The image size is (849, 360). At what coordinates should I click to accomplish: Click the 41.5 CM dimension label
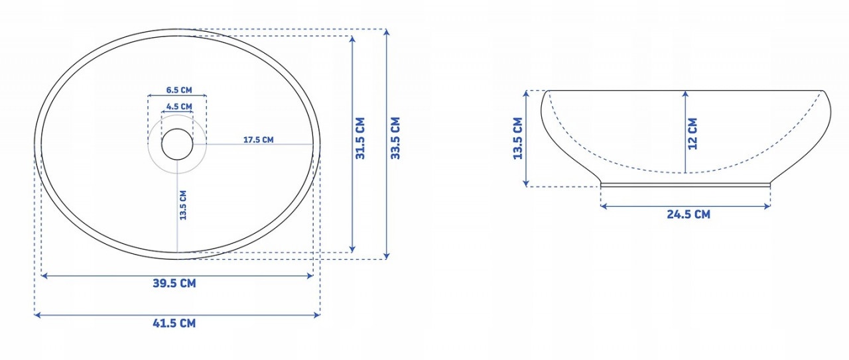[x=174, y=324]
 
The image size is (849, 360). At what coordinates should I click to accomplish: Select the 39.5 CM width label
[x=174, y=283]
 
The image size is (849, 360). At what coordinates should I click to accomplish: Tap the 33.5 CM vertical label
[x=395, y=138]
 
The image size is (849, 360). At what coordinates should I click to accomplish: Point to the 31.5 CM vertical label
[x=360, y=138]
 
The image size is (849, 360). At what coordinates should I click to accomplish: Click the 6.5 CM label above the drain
[x=179, y=90]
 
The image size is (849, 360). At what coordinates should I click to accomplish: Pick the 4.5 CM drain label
[x=179, y=107]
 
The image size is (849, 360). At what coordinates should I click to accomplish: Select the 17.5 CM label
[x=258, y=139]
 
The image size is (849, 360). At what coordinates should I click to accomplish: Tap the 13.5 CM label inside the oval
[x=183, y=205]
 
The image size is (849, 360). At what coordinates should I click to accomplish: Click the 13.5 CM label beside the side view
[x=518, y=139]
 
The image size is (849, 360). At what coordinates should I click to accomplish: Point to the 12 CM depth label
[x=692, y=134]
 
